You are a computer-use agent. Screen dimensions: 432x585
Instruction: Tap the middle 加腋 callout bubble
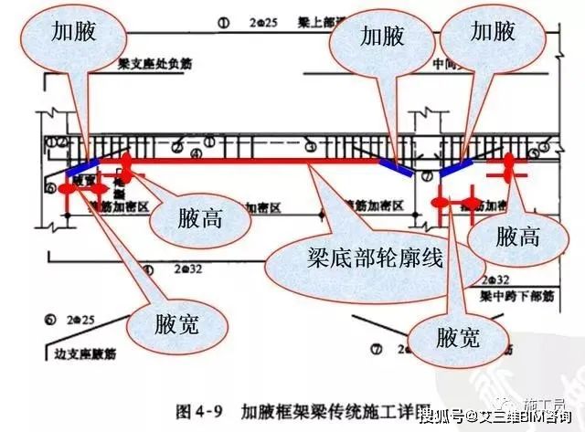click(x=380, y=36)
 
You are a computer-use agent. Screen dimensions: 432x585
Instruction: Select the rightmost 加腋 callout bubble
click(x=492, y=33)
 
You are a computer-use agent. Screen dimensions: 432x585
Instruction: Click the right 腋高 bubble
click(x=517, y=237)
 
